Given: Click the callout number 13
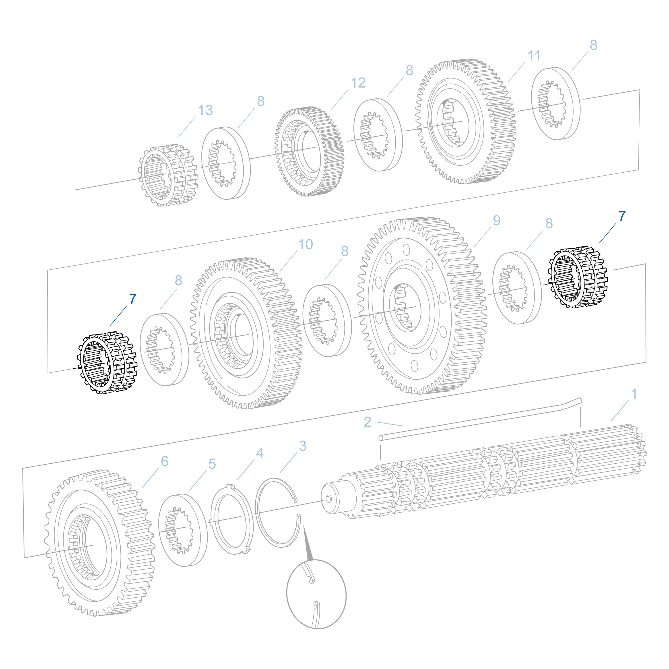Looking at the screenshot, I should coord(205,110).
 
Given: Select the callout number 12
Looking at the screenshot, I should coord(358,83).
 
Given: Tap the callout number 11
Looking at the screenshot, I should coord(534,56).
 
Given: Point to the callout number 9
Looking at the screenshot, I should coord(497,221).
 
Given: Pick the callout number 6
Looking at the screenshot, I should coord(165,462).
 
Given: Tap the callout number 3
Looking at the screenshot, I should coord(303,446).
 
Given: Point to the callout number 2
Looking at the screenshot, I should coord(368,422).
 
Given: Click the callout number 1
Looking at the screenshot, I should coord(634,394).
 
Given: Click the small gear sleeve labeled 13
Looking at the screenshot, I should coord(169,176).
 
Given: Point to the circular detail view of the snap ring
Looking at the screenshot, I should coord(316,594).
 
